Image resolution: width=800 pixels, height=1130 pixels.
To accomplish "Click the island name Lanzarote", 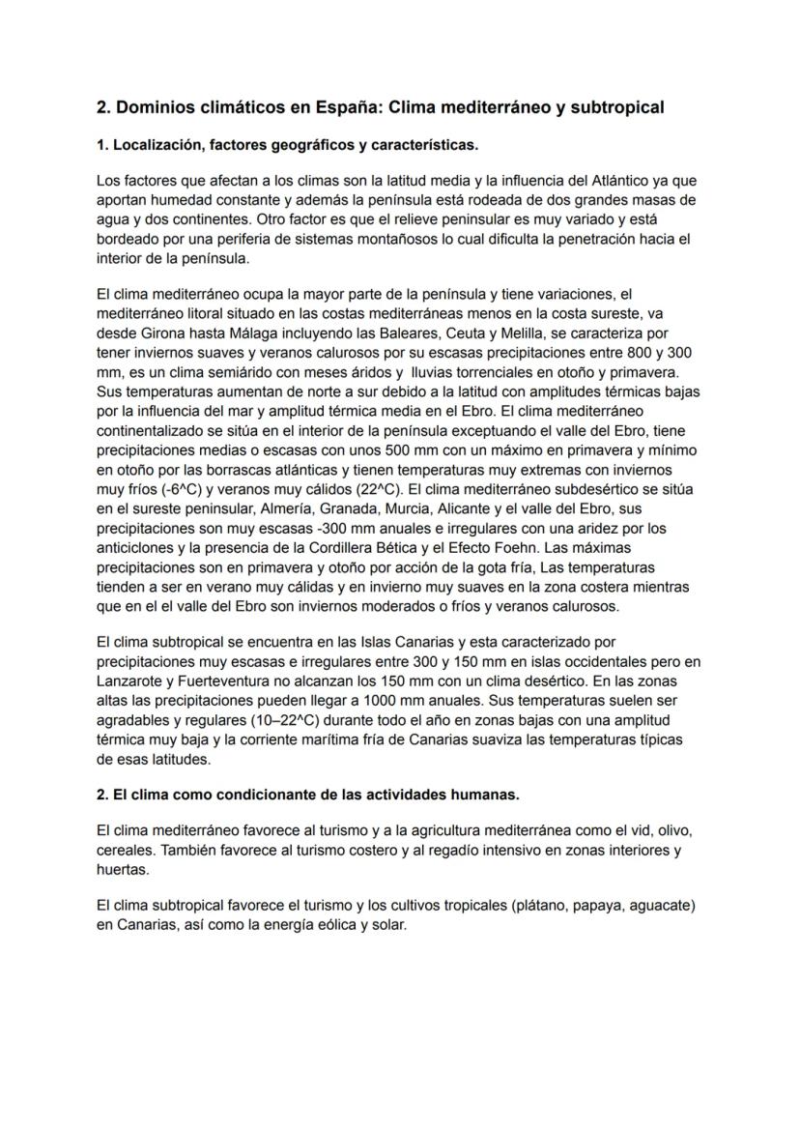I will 130,681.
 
